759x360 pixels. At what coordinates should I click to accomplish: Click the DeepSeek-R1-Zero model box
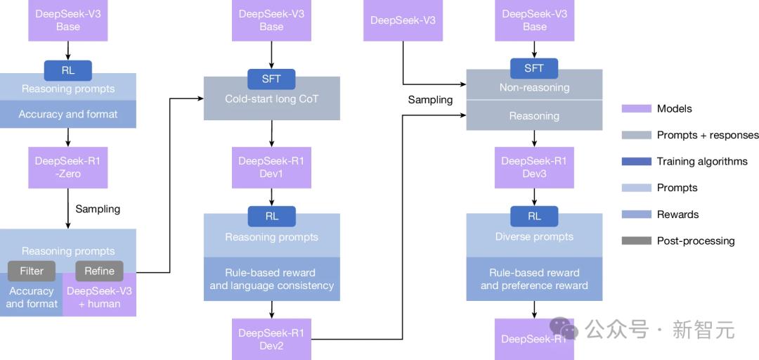click(67, 167)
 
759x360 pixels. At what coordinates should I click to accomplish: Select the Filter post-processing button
click(32, 271)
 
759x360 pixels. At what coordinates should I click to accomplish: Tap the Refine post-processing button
click(99, 271)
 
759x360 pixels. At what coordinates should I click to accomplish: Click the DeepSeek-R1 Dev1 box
click(271, 167)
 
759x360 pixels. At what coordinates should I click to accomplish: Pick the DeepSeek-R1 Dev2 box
click(271, 339)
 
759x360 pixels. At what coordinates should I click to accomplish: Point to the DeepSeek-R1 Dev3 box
click(534, 167)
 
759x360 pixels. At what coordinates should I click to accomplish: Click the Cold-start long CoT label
click(271, 99)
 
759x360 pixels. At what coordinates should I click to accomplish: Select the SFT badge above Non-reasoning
click(534, 68)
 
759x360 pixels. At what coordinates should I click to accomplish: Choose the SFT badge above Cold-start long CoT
click(271, 79)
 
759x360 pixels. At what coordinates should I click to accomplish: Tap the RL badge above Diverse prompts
click(534, 217)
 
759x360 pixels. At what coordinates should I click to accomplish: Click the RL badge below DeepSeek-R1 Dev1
click(271, 217)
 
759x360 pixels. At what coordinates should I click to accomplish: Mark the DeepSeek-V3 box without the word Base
click(403, 20)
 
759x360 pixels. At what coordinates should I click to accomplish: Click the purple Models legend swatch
click(637, 108)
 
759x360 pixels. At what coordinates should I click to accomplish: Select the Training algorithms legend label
click(702, 161)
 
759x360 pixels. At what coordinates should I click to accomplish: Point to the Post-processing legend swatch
click(637, 240)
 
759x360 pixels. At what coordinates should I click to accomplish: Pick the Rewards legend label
click(677, 214)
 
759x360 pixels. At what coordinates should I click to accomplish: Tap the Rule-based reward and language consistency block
click(271, 279)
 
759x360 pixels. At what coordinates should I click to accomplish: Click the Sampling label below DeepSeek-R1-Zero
click(98, 209)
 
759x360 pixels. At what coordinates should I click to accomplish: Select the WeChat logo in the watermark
click(564, 328)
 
